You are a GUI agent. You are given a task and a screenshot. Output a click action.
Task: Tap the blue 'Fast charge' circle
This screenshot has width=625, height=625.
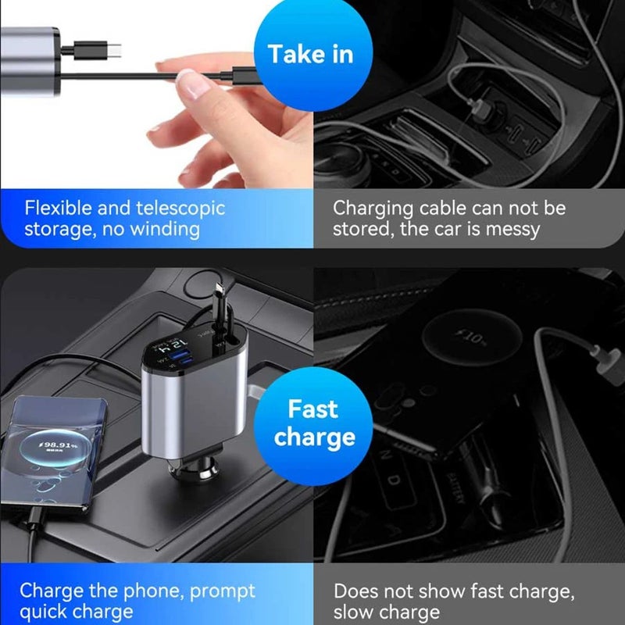coord(313,423)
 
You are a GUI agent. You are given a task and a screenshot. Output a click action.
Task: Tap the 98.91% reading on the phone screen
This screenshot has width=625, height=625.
coord(61,445)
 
